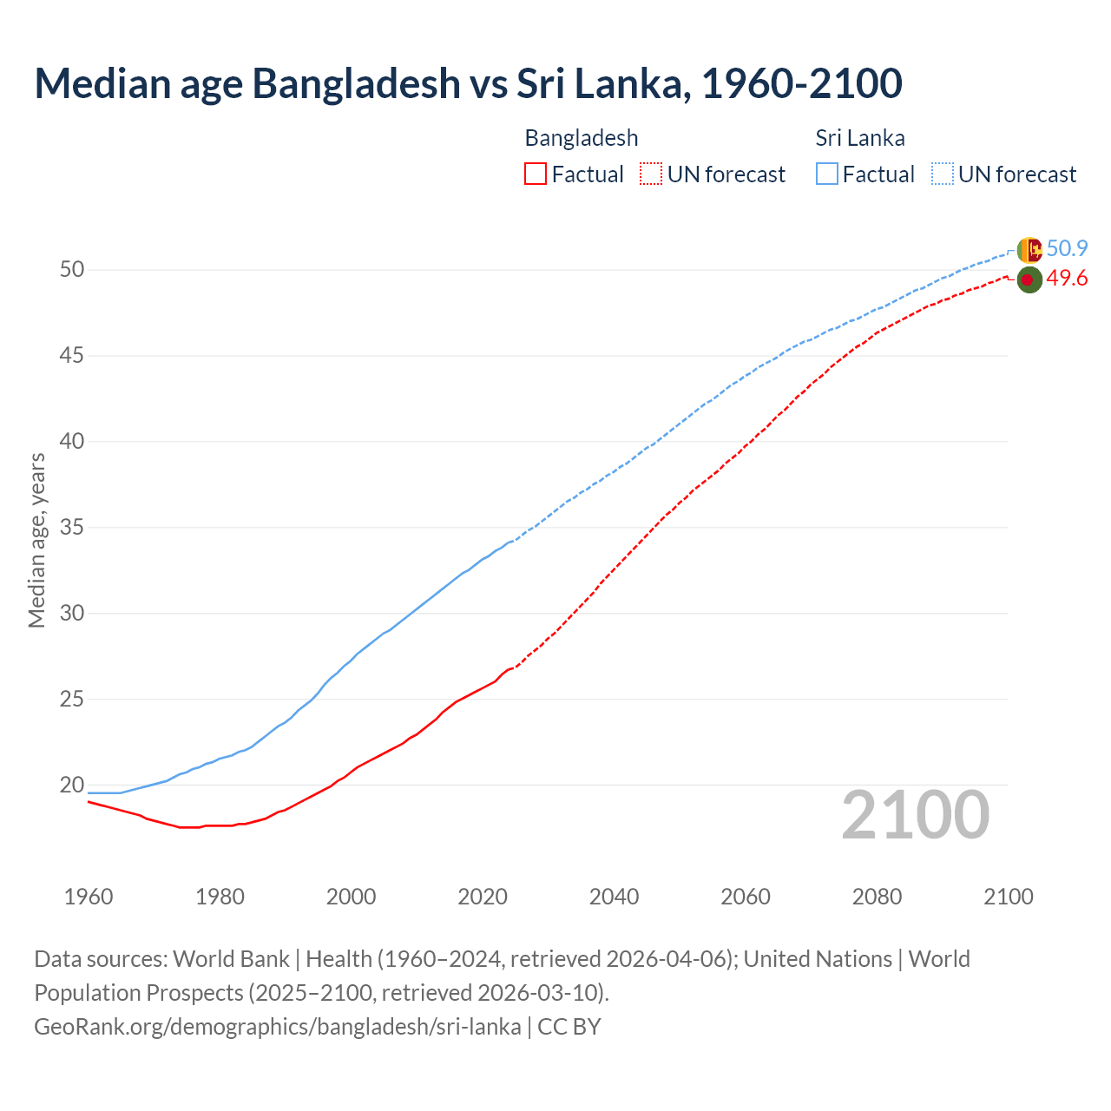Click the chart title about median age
pos(468,83)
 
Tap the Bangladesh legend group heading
pos(581,138)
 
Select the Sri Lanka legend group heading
pos(859,138)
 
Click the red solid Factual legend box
pos(536,174)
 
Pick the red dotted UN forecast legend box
pos(651,174)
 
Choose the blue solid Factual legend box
pos(826,174)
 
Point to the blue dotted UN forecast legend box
pos(942,174)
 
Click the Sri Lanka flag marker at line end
pos(1029,250)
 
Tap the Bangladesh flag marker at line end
pos(1029,279)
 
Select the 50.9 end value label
pos(1067,249)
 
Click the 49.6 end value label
pos(1067,279)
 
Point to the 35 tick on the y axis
pos(72,528)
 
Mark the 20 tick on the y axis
pos(72,786)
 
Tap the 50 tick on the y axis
pos(72,270)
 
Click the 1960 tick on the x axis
pos(89,897)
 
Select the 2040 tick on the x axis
pos(614,897)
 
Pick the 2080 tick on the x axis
pos(877,897)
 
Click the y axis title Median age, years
pos(36,540)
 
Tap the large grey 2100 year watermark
pos(915,815)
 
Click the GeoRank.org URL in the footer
pos(277,1027)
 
